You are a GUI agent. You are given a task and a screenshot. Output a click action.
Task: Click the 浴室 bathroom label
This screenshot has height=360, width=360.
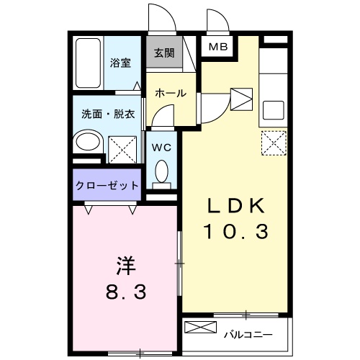pos(120,63)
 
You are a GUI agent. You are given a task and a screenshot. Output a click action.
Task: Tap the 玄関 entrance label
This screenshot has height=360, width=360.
pos(164,53)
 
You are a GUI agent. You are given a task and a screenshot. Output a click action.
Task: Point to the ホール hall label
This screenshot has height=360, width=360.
pos(171,93)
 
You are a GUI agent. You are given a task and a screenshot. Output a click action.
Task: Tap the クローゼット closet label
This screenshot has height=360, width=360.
pos(107,186)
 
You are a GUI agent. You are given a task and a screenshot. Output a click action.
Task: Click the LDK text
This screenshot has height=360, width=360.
pos(237,206)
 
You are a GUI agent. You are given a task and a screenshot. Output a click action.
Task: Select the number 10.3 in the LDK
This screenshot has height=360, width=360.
pos(237,232)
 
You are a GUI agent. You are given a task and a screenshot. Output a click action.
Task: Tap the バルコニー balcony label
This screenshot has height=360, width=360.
pos(247,334)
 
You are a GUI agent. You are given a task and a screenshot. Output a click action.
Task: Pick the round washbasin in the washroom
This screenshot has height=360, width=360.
pos(89,143)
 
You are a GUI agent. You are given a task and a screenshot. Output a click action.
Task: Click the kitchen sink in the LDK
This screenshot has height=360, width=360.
pos(273,109)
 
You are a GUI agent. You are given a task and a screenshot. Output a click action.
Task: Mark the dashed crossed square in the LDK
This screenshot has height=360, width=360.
pos(273,142)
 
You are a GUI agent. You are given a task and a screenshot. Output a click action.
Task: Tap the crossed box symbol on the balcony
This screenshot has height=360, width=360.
pos(199,328)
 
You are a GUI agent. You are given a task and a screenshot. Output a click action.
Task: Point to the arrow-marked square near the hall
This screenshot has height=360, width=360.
pos(240,96)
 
